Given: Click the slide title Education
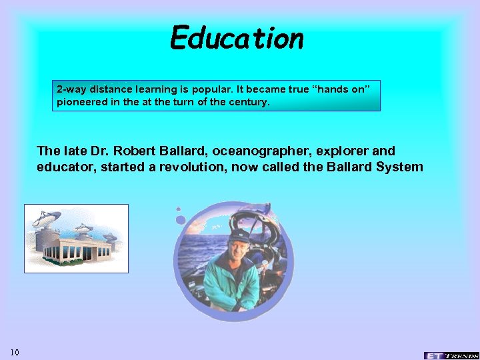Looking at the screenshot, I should (237, 38).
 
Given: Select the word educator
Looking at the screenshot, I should (66, 167).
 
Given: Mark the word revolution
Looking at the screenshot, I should (193, 167).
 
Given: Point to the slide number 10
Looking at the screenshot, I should (15, 351).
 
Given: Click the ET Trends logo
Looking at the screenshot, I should (451, 355).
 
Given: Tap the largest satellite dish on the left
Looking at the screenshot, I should (45, 221).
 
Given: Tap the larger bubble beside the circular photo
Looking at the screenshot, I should (180, 218).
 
